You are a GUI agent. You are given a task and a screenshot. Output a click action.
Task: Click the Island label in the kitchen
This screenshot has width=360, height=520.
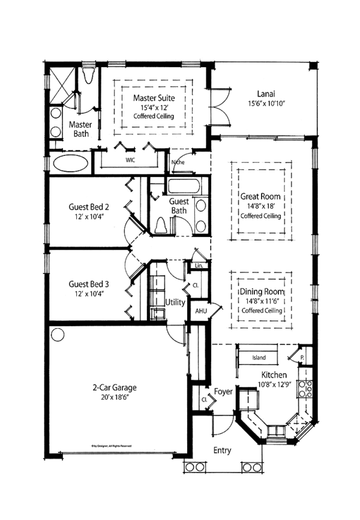[259, 358]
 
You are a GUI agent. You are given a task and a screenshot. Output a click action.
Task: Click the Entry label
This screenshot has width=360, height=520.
[222, 450]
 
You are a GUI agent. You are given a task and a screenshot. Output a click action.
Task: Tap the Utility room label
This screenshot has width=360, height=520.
[176, 303]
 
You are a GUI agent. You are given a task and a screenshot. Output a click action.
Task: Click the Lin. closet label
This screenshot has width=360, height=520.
[200, 266]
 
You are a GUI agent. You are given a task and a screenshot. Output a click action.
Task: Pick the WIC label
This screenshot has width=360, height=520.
[130, 161]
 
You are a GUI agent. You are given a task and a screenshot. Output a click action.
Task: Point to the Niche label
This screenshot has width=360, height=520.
[178, 162]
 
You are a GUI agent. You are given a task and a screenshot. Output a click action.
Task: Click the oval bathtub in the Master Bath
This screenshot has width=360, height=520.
[71, 164]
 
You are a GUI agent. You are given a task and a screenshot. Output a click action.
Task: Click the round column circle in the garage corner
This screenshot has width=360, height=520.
[57, 333]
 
